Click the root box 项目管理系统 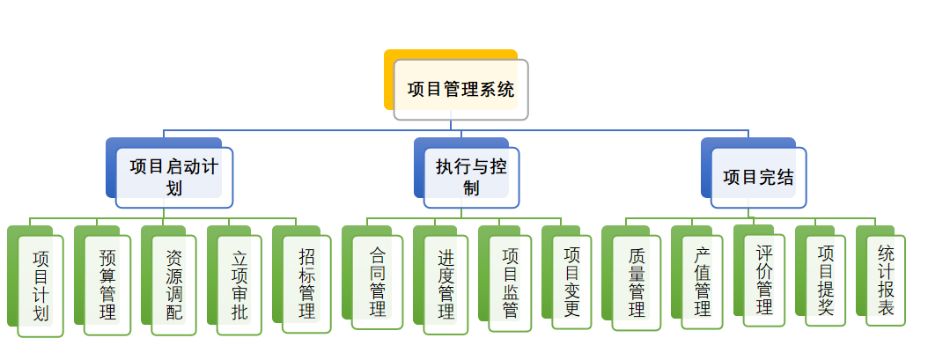click(460, 90)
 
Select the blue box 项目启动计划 click(174, 177)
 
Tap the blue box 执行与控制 click(471, 177)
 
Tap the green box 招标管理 click(306, 283)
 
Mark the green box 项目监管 click(510, 283)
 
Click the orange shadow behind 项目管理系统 click(388, 84)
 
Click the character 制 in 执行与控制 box click(471, 188)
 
